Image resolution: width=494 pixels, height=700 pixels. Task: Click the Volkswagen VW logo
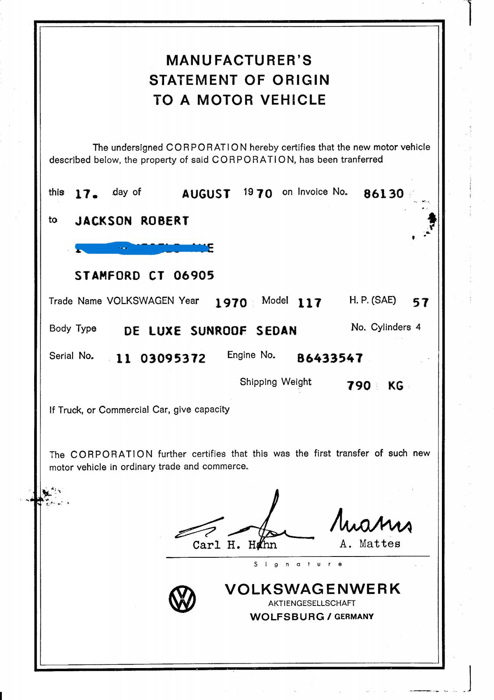pos(182,599)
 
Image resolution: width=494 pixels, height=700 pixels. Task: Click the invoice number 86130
pos(383,193)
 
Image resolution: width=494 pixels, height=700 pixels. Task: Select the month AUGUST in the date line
pos(206,194)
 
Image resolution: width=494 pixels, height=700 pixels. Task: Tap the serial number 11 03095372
pos(161,359)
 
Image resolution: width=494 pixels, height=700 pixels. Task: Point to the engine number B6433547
pos(330,358)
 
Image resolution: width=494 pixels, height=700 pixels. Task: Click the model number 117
pos(309,302)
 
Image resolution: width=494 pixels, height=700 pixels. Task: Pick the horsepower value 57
pos(420,302)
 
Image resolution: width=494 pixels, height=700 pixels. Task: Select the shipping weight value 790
pos(359,386)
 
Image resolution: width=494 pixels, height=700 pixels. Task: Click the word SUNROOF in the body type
pos(218,331)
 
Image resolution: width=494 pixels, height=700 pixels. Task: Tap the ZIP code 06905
pos(194,276)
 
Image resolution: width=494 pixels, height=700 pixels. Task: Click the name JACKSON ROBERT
pos(132,221)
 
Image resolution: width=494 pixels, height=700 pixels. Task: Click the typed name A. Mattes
pos(370,544)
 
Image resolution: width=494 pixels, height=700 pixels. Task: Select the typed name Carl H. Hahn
pos(235,545)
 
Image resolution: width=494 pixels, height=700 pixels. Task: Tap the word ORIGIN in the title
pos(301,80)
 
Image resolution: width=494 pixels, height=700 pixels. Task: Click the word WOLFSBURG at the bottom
pos(287,617)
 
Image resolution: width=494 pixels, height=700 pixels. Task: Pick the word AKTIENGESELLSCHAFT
pos(312,603)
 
